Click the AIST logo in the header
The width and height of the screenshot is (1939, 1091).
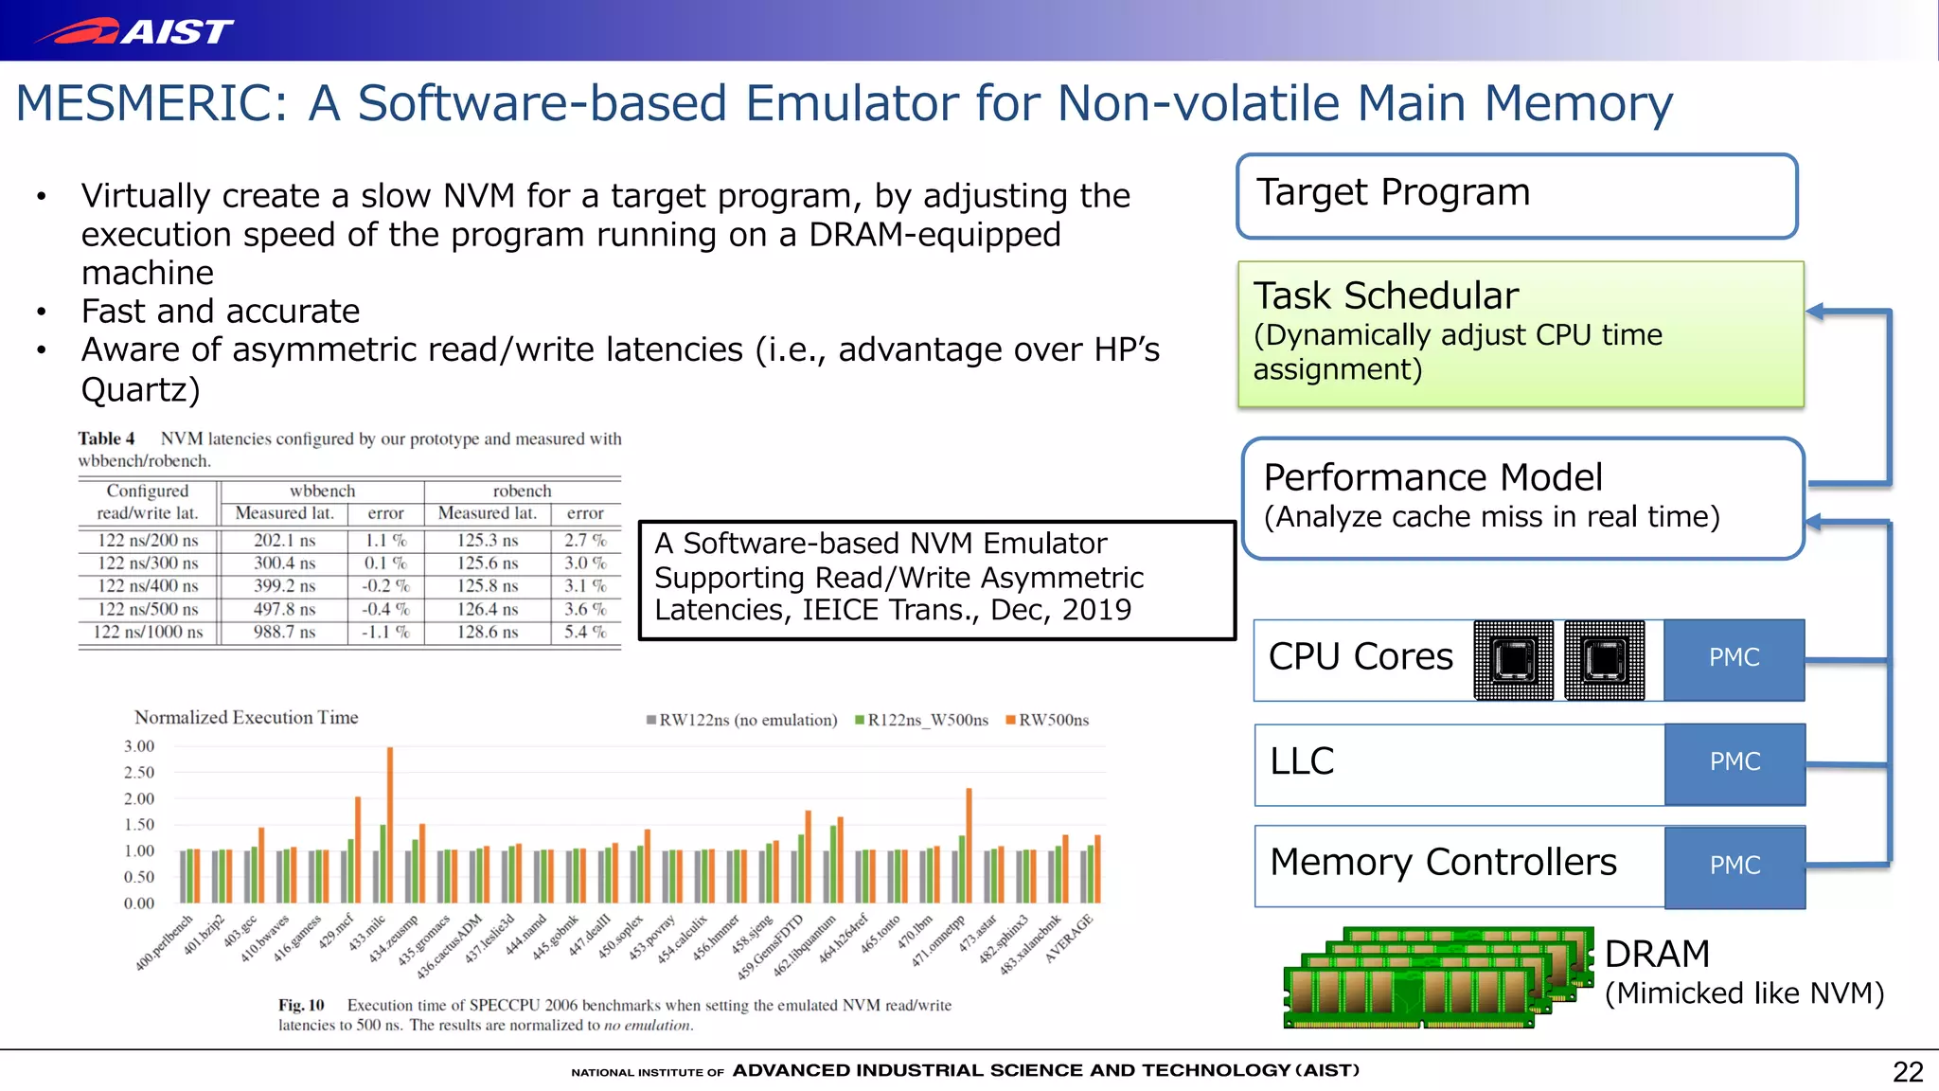[x=133, y=31]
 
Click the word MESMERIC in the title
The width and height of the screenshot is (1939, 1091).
[x=151, y=103]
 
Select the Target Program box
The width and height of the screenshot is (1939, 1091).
[x=1516, y=196]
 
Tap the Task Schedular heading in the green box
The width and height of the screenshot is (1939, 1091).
[x=1385, y=295]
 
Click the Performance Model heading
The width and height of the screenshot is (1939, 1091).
[x=1432, y=477]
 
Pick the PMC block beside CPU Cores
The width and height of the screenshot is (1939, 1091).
[x=1734, y=658]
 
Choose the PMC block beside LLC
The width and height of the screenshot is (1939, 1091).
[x=1734, y=762]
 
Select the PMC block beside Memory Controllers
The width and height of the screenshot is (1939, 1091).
[x=1734, y=866]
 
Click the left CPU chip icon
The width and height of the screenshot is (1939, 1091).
[x=1513, y=660]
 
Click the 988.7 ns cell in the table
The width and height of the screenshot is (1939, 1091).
[x=284, y=632]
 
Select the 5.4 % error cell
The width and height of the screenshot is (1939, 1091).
[x=584, y=632]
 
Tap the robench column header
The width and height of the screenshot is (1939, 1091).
[x=522, y=491]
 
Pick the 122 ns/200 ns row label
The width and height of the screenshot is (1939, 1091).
[x=148, y=540]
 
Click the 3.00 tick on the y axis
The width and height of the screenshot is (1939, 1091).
[x=139, y=746]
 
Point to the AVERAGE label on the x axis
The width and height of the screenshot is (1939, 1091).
[x=1069, y=939]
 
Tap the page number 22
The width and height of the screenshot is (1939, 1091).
[x=1908, y=1072]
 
